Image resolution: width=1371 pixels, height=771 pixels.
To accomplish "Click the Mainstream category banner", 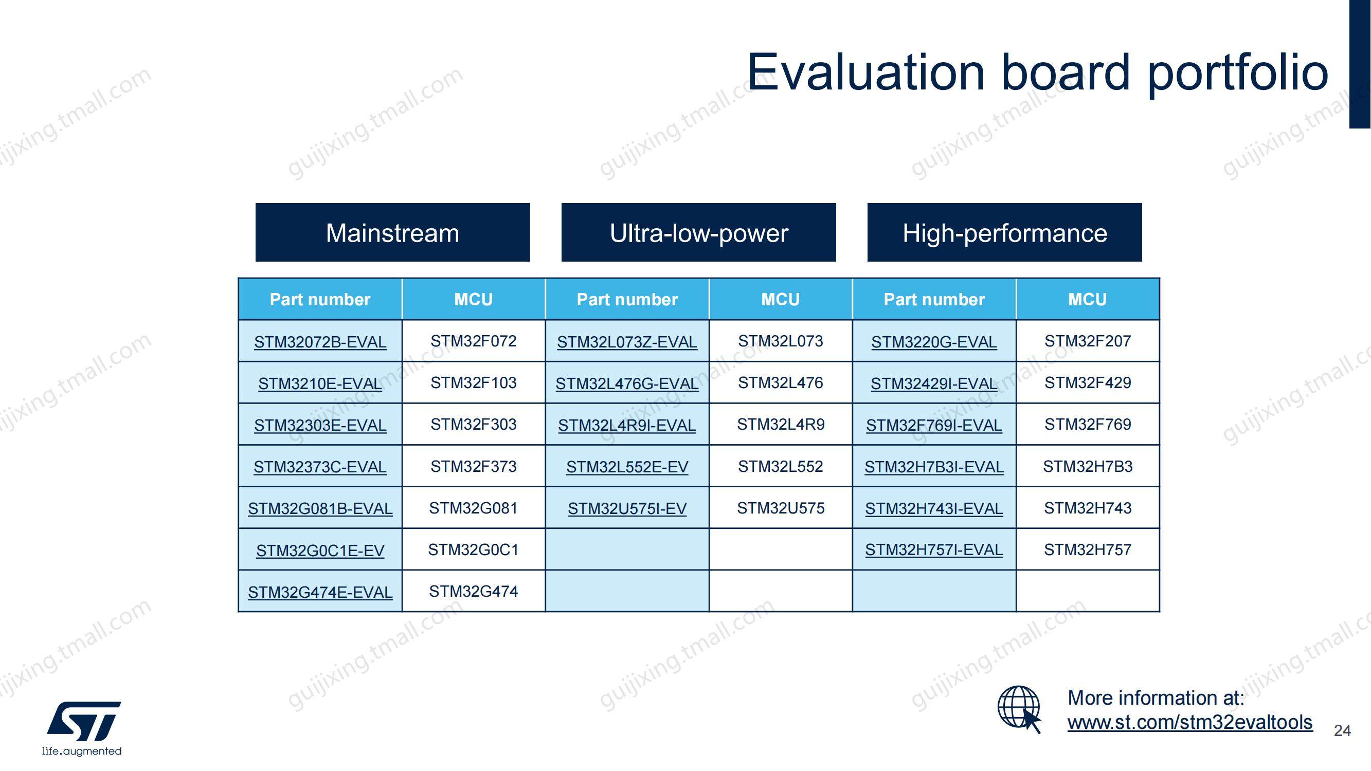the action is [x=393, y=232].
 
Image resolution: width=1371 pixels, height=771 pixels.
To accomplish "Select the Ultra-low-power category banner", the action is [x=699, y=232].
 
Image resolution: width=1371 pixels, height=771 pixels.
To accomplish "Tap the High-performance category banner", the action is [x=1005, y=232].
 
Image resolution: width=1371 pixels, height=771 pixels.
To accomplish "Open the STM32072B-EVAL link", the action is [x=320, y=342].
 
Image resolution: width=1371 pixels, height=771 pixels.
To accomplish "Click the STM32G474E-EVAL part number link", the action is [x=320, y=592].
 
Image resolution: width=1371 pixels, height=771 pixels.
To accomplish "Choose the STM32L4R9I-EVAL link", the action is [x=627, y=425].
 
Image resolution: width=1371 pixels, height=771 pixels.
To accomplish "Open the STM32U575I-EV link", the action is [x=627, y=509].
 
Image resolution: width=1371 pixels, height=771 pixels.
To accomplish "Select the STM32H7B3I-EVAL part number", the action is [x=934, y=467].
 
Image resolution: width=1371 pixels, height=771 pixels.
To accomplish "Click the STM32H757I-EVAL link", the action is [x=934, y=549].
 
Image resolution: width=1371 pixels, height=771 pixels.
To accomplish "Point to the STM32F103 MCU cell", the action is [x=474, y=382].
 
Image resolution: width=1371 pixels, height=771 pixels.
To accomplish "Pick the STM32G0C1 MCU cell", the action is [x=474, y=549].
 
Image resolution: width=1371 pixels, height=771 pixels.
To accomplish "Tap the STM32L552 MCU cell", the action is [x=781, y=466].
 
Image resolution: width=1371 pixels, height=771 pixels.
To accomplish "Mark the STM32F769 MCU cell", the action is [x=1088, y=424].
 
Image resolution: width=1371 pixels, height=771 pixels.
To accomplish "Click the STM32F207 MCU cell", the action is [x=1088, y=341].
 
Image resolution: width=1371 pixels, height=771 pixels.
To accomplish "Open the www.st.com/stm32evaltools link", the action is [x=1190, y=722].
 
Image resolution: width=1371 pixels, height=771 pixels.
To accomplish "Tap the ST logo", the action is [x=83, y=728].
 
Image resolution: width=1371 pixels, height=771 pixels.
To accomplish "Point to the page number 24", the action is [x=1342, y=730].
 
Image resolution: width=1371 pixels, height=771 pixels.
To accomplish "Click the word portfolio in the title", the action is [x=1238, y=74].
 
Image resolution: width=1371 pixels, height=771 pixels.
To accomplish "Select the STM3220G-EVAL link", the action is [x=934, y=342].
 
